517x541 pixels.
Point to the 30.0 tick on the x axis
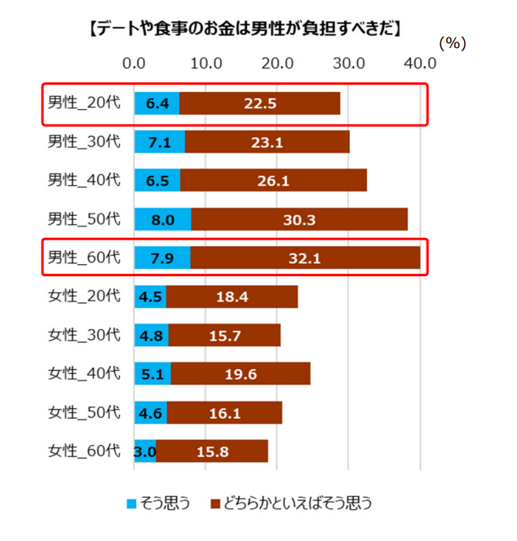pyautogui.click(x=349, y=64)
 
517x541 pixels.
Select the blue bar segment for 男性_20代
pyautogui.click(x=157, y=103)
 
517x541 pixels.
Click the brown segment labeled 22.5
pyautogui.click(x=259, y=103)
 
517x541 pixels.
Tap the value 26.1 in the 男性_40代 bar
pyautogui.click(x=274, y=180)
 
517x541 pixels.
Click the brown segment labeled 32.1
pyautogui.click(x=306, y=257)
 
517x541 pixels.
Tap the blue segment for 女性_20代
pyautogui.click(x=150, y=297)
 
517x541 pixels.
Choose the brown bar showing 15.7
pyautogui.click(x=224, y=335)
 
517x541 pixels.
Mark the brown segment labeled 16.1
pyautogui.click(x=224, y=412)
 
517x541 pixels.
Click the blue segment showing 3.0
pyautogui.click(x=145, y=451)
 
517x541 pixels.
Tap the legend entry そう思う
pyautogui.click(x=159, y=503)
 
